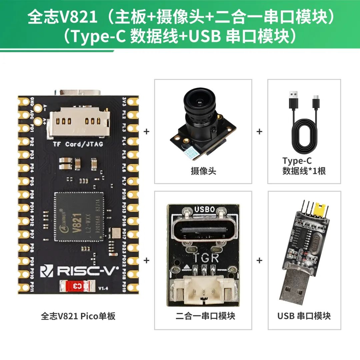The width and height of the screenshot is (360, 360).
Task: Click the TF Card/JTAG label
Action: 78,144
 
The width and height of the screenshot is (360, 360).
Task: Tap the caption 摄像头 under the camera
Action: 203,171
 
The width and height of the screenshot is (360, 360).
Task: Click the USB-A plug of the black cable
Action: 293,100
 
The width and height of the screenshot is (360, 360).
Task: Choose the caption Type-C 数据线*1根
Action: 304,166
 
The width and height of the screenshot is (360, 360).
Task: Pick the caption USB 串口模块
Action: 304,316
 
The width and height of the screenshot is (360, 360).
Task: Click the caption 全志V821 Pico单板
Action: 78,316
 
